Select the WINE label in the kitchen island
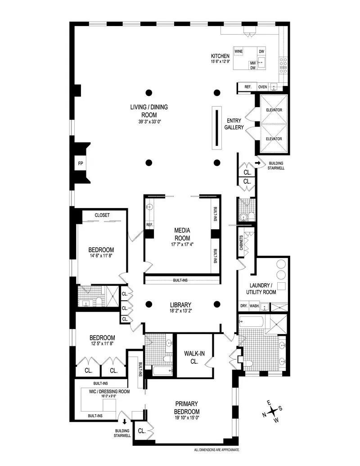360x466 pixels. point(238,52)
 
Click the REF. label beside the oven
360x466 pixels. point(247,87)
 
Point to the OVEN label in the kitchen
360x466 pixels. point(263,87)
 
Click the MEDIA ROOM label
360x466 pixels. point(182,234)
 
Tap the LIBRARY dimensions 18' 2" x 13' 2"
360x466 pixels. point(182,311)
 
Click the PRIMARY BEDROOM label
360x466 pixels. point(187,407)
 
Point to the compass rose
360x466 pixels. point(273,412)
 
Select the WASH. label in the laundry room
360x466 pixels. point(254,306)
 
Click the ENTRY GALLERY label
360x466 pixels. point(235,124)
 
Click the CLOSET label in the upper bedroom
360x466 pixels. point(102,215)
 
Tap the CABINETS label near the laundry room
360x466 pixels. point(241,244)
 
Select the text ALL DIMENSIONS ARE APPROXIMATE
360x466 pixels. point(220,450)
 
